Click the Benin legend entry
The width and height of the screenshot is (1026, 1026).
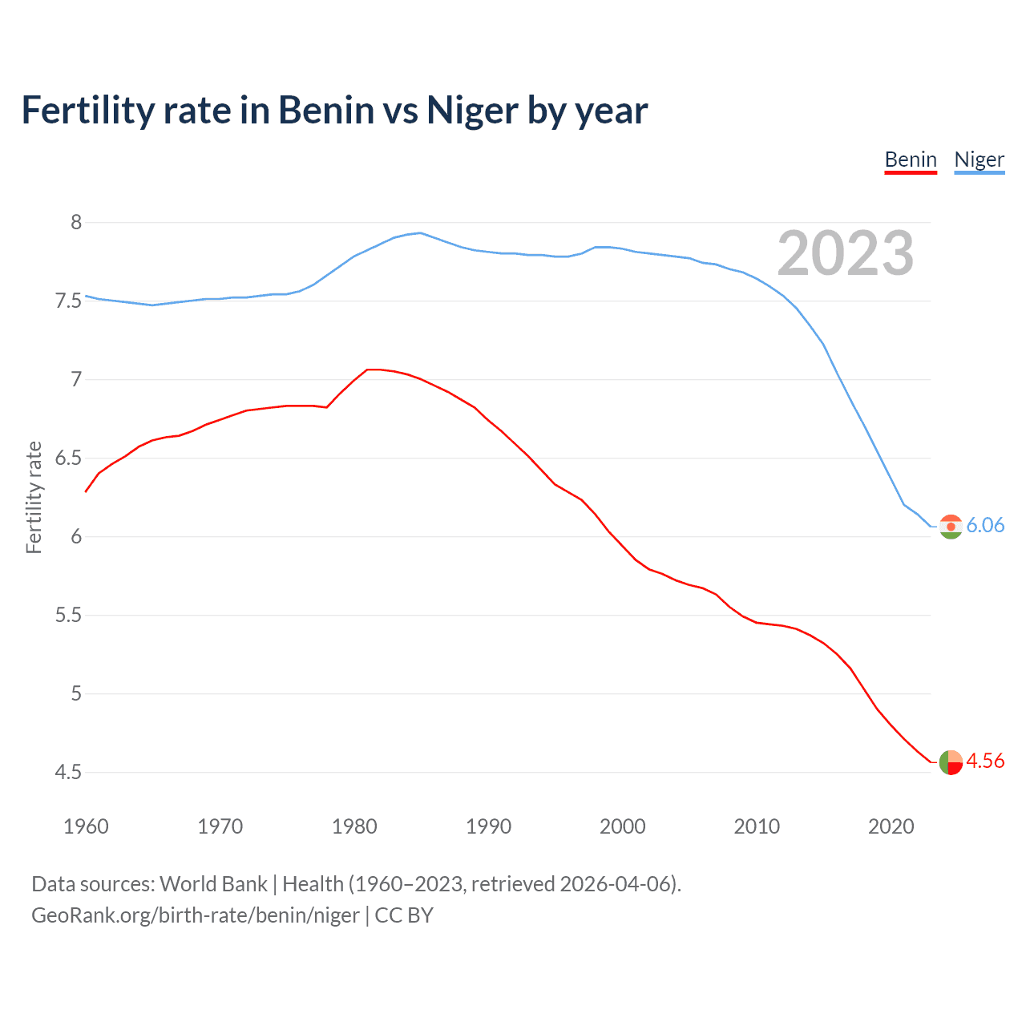coord(911,160)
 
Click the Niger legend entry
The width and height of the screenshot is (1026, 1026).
coord(979,160)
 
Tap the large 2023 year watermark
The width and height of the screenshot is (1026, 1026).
coord(845,253)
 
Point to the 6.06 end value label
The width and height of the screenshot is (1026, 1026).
coord(985,525)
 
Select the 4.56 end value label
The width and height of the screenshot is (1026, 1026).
coord(985,761)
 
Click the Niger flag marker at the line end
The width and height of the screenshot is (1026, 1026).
coord(951,527)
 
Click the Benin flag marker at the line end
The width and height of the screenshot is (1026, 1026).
coord(951,762)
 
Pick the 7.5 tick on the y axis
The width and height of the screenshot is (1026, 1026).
coord(68,301)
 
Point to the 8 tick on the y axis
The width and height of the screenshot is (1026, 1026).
coord(76,223)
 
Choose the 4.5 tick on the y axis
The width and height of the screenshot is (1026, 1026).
coord(68,773)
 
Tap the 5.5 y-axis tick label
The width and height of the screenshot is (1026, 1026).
coord(68,616)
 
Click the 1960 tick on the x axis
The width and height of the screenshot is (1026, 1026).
coord(86,826)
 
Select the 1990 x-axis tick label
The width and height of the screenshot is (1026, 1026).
coord(488,826)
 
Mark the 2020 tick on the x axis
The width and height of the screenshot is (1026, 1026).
coord(891,826)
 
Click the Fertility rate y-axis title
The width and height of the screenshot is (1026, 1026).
coord(34,497)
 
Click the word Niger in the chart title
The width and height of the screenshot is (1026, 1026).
coord(472,110)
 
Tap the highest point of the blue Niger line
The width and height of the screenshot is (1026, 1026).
coord(420,232)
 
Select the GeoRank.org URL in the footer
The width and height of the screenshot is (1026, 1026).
coord(195,915)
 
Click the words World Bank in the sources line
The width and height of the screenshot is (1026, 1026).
coord(213,884)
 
